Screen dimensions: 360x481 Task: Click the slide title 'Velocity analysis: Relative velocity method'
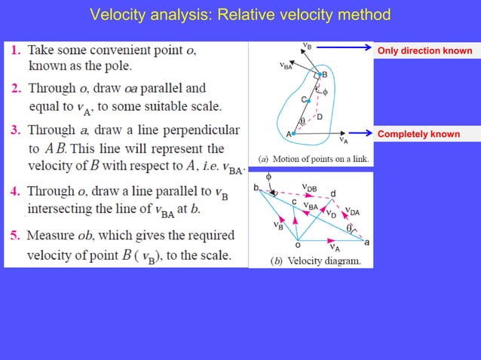(x=240, y=14)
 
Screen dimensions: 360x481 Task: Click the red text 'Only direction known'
(x=425, y=51)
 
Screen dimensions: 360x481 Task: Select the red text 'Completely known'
(x=418, y=134)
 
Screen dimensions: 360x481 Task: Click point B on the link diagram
(x=324, y=75)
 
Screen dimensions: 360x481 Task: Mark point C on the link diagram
(x=305, y=99)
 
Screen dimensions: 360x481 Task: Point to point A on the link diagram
(x=288, y=133)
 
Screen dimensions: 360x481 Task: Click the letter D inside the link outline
(x=320, y=117)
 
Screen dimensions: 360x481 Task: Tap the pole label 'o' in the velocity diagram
(x=297, y=244)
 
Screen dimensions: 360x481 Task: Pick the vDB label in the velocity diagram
(x=309, y=187)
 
